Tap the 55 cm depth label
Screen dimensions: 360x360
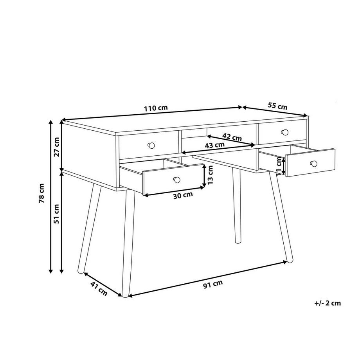[x=277, y=106]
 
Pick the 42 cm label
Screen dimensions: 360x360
[x=232, y=137]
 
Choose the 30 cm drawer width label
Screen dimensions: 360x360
[x=183, y=194]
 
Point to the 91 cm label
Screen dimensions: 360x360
[x=213, y=284]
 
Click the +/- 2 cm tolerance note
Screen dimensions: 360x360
[x=328, y=303]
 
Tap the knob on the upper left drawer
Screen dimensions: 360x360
[x=151, y=146]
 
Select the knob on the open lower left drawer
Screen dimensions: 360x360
[x=176, y=179]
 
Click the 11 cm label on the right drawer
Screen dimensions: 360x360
[x=279, y=166]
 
